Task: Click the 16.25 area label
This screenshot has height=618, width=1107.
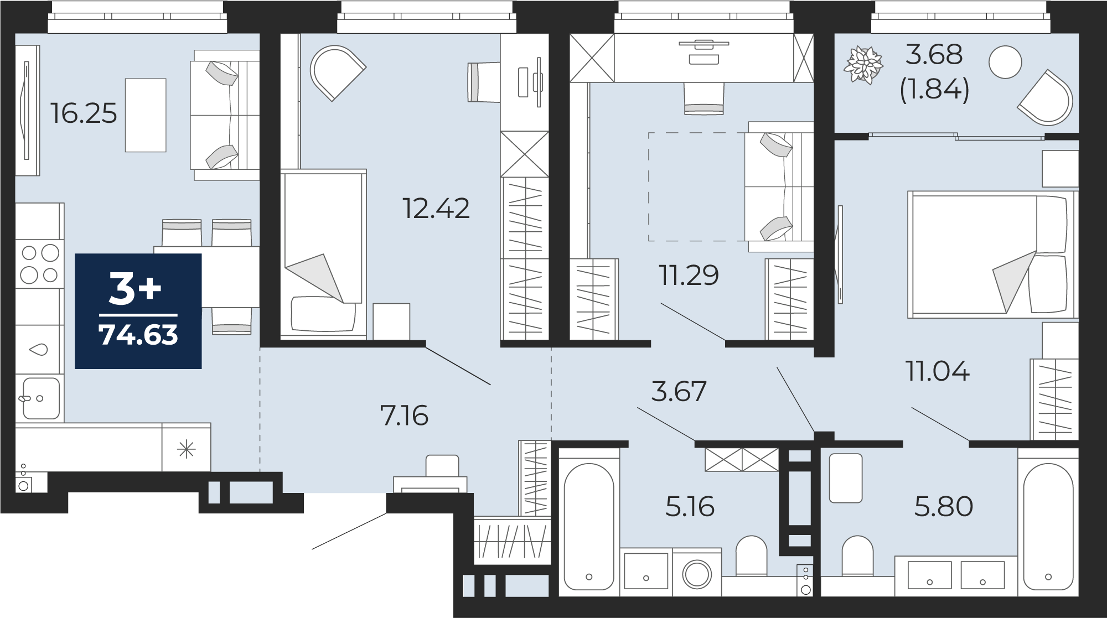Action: pyautogui.click(x=84, y=113)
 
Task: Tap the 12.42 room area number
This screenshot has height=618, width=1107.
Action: pyautogui.click(x=436, y=209)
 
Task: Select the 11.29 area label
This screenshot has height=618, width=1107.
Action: pyautogui.click(x=689, y=275)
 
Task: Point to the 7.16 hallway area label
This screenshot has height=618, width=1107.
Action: pyautogui.click(x=404, y=416)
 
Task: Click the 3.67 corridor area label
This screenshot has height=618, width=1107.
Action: pyautogui.click(x=679, y=392)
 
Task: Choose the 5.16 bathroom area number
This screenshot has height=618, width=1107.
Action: pyautogui.click(x=690, y=507)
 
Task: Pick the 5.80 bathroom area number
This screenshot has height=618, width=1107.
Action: pyautogui.click(x=943, y=507)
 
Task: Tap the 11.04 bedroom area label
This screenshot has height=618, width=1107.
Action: pyautogui.click(x=937, y=371)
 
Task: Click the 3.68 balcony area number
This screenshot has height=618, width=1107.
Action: pyautogui.click(x=934, y=55)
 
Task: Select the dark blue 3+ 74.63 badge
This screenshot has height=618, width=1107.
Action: pyautogui.click(x=138, y=311)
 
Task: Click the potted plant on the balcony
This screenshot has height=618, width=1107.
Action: pyautogui.click(x=863, y=65)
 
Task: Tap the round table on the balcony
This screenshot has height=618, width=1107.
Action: pyautogui.click(x=1005, y=62)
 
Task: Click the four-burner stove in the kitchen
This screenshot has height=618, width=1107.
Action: pyautogui.click(x=40, y=263)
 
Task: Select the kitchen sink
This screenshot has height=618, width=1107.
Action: pyautogui.click(x=40, y=398)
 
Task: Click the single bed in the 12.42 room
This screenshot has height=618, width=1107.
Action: pyautogui.click(x=323, y=253)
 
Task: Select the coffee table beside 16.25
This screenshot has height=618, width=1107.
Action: pyautogui.click(x=146, y=115)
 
